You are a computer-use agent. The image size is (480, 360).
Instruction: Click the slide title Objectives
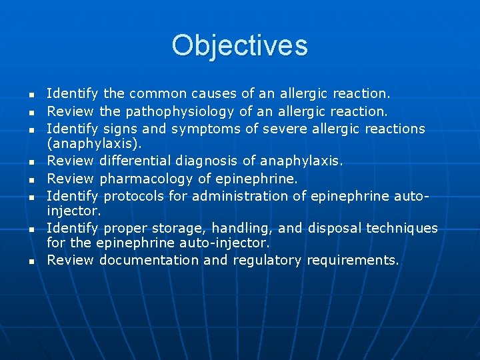[239, 46]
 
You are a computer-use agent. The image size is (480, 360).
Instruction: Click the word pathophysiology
[179, 111]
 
